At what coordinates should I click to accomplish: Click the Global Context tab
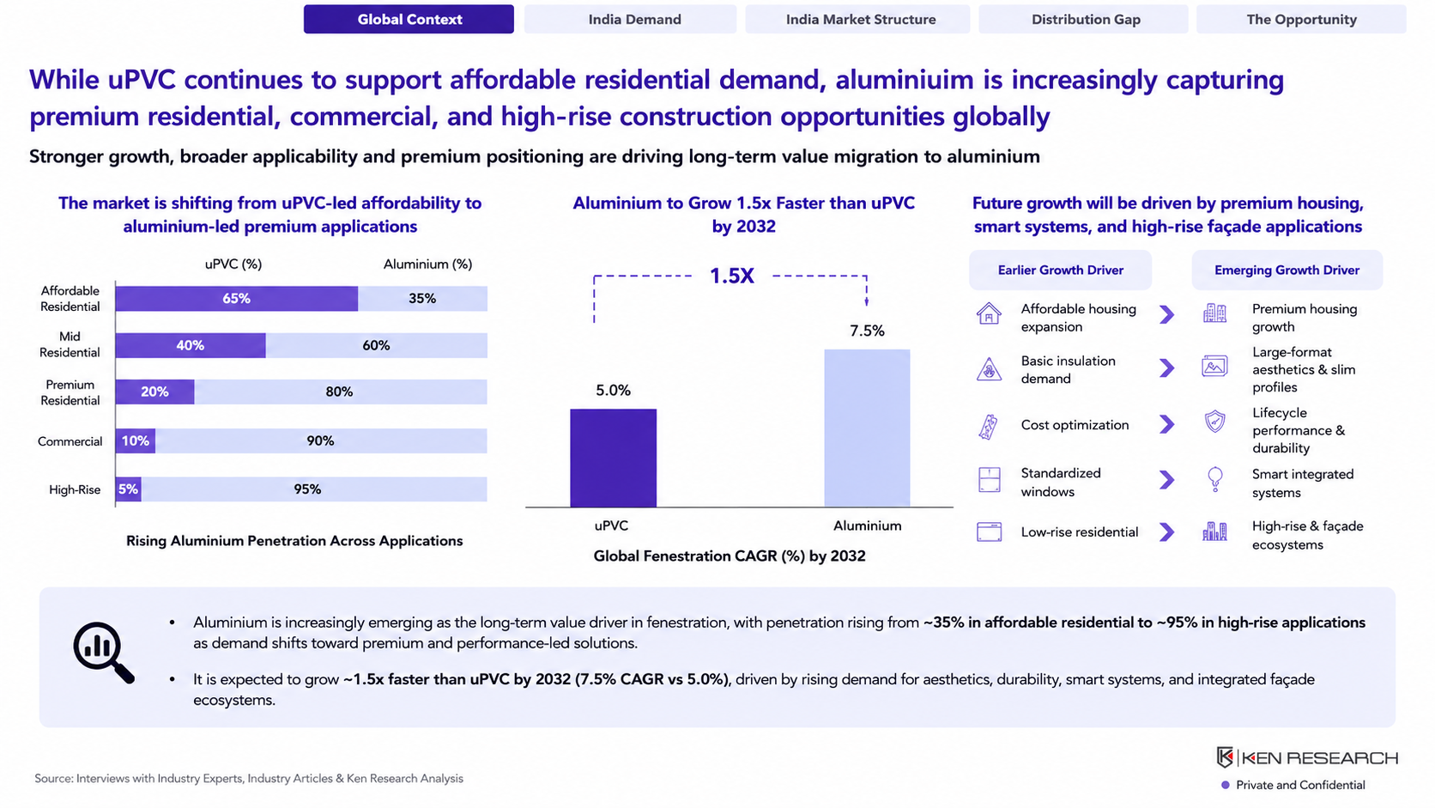pos(409,19)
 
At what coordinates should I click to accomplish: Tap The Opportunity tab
pos(1301,19)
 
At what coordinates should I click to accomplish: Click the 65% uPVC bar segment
pos(236,299)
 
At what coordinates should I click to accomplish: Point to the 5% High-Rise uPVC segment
pos(128,489)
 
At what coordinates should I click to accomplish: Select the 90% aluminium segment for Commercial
pos(321,440)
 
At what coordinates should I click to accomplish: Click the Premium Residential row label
pos(70,392)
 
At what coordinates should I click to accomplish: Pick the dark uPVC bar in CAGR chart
pos(613,458)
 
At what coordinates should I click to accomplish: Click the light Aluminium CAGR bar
pos(867,428)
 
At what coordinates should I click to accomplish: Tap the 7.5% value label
pos(867,331)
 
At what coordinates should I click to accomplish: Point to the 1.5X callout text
pos(731,276)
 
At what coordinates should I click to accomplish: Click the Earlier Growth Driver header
pos(1060,270)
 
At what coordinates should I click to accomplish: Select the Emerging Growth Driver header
pos(1287,270)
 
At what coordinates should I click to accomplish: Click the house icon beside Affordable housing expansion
pos(989,314)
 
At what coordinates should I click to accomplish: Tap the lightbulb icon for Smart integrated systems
pos(1214,479)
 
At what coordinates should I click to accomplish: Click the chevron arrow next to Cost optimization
pos(1166,424)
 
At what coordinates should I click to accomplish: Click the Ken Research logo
pos(1307,758)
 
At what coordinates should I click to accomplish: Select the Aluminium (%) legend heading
pos(427,264)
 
